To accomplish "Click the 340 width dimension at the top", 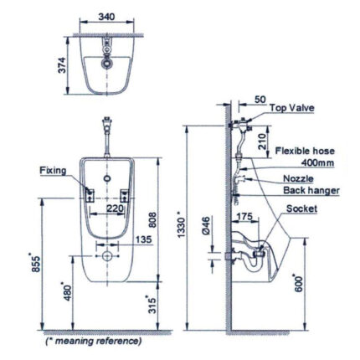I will (105, 15).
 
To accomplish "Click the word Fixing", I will (53, 170).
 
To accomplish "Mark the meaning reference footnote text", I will (94, 341).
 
